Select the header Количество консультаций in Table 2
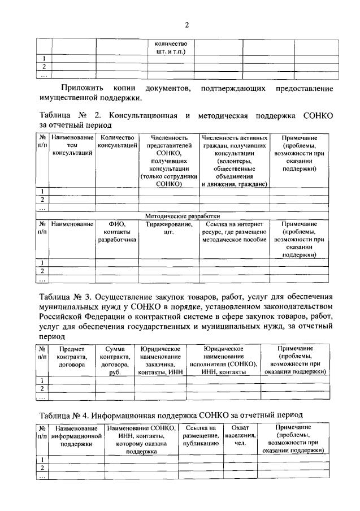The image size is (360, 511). [x=118, y=142]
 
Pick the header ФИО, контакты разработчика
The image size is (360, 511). [x=118, y=232]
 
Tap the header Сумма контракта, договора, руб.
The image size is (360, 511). [x=115, y=361]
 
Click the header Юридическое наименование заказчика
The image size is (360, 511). [x=160, y=361]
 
